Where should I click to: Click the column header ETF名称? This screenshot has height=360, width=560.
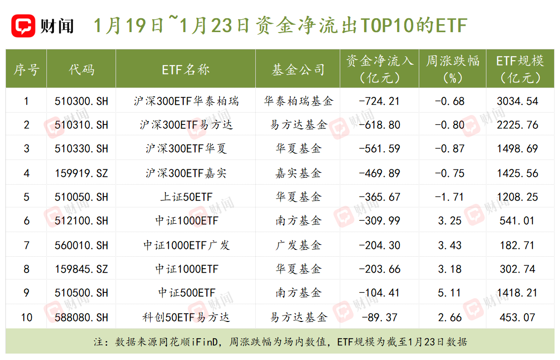tap(186, 70)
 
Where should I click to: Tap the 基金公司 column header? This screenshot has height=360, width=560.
tap(298, 70)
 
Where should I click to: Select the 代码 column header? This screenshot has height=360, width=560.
tap(81, 70)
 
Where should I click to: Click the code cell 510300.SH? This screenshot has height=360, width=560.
tap(81, 101)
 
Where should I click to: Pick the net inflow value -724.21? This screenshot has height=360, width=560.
tap(379, 101)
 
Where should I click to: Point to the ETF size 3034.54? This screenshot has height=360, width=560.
tap(518, 101)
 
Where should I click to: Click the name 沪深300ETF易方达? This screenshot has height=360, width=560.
tap(186, 125)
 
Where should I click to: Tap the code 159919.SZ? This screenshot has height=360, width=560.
tap(81, 173)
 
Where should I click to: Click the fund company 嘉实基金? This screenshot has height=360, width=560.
tap(298, 173)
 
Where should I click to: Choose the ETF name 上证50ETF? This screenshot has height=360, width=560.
tap(186, 197)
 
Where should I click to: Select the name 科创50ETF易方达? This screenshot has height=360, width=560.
tap(186, 317)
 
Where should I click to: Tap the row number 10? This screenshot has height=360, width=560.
tap(26, 317)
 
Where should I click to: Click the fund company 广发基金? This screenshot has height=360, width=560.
tap(298, 245)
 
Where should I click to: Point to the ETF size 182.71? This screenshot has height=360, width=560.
tap(518, 245)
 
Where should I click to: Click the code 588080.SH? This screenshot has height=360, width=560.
tap(81, 317)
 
